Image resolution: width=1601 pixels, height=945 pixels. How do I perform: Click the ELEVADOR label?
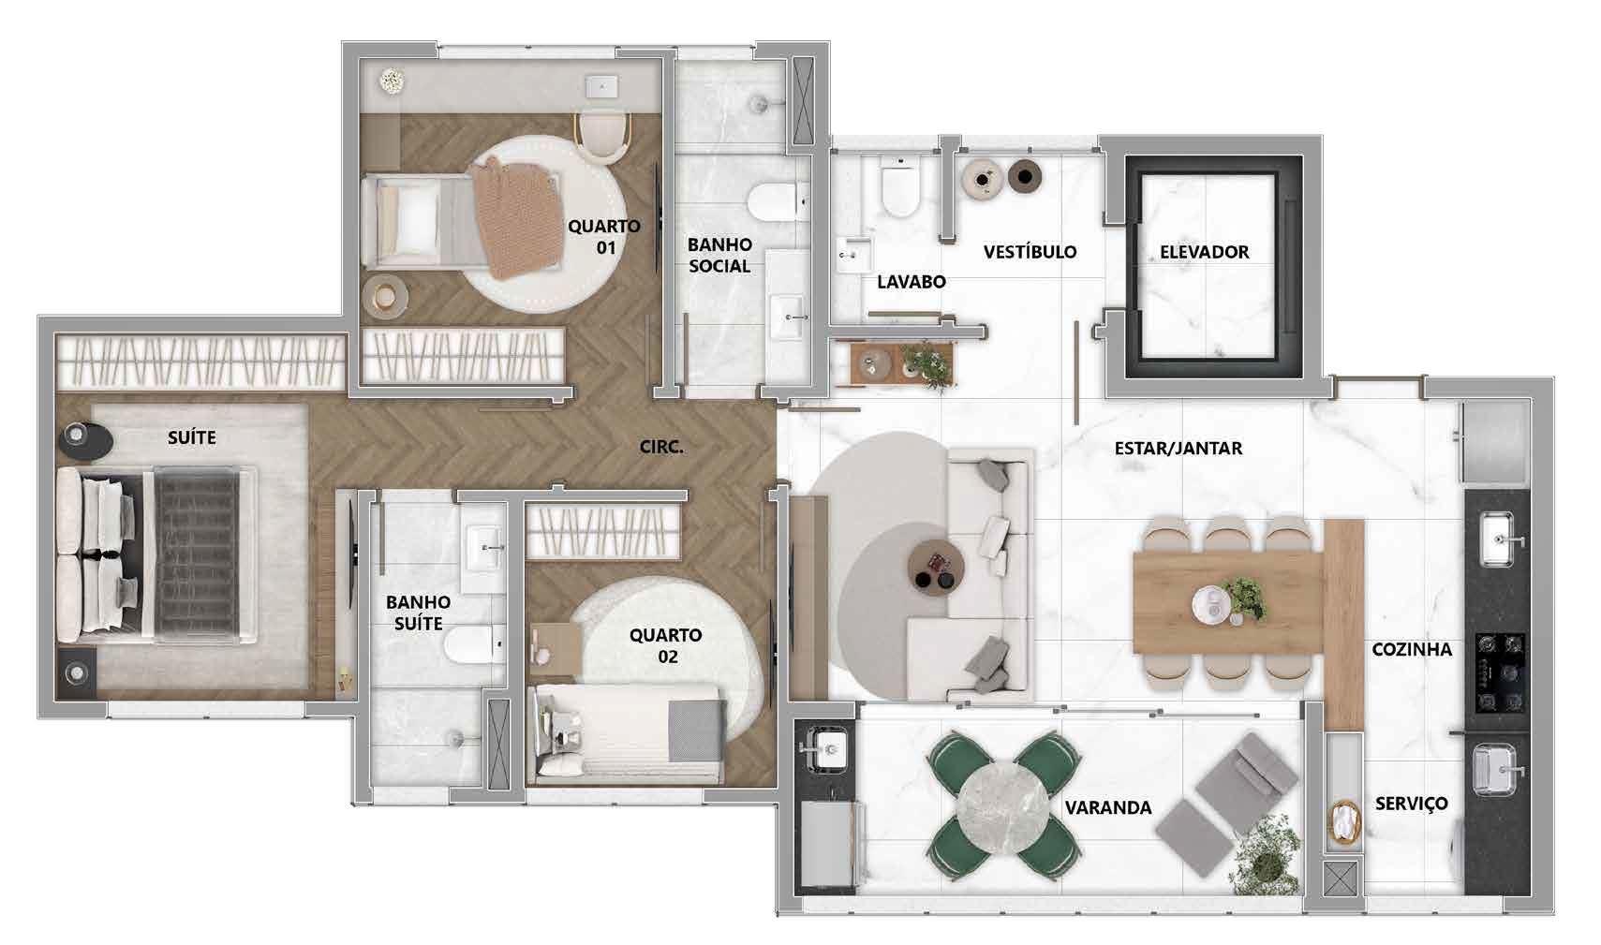tap(1205, 252)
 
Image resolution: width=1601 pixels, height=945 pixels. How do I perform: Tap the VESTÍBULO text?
tap(1030, 251)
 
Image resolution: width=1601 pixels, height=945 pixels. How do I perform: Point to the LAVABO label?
tap(912, 282)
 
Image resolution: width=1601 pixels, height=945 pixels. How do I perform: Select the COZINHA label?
tap(1412, 650)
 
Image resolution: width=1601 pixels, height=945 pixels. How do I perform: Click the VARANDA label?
tap(1108, 808)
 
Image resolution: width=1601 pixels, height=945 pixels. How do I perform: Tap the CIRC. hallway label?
tap(661, 448)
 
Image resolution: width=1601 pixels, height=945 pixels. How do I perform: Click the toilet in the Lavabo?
tap(900, 188)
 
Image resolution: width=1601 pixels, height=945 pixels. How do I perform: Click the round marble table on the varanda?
tap(1003, 808)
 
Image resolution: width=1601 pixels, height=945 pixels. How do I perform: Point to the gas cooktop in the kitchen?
tap(1500, 672)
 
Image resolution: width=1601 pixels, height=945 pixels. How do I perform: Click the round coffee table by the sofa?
tap(936, 569)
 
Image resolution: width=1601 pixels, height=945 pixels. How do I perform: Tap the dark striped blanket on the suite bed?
tap(198, 554)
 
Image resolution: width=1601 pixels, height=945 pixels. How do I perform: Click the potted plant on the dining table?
tap(1245, 598)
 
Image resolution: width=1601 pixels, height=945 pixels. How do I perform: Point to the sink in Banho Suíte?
tap(483, 549)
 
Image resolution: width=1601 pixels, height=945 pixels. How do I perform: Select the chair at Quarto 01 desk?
tap(602, 137)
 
